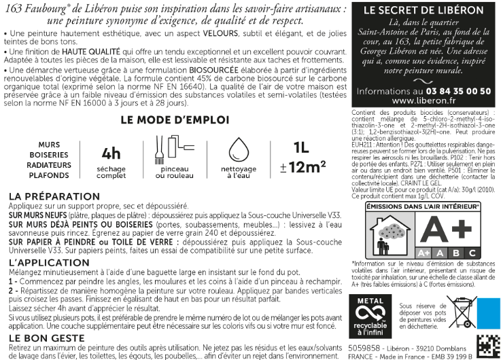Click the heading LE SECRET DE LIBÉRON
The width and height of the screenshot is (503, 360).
pyautogui.click(x=424, y=11)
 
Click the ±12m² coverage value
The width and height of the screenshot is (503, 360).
pyautogui.click(x=302, y=166)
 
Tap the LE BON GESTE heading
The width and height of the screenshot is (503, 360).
pyautogui.click(x=44, y=338)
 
